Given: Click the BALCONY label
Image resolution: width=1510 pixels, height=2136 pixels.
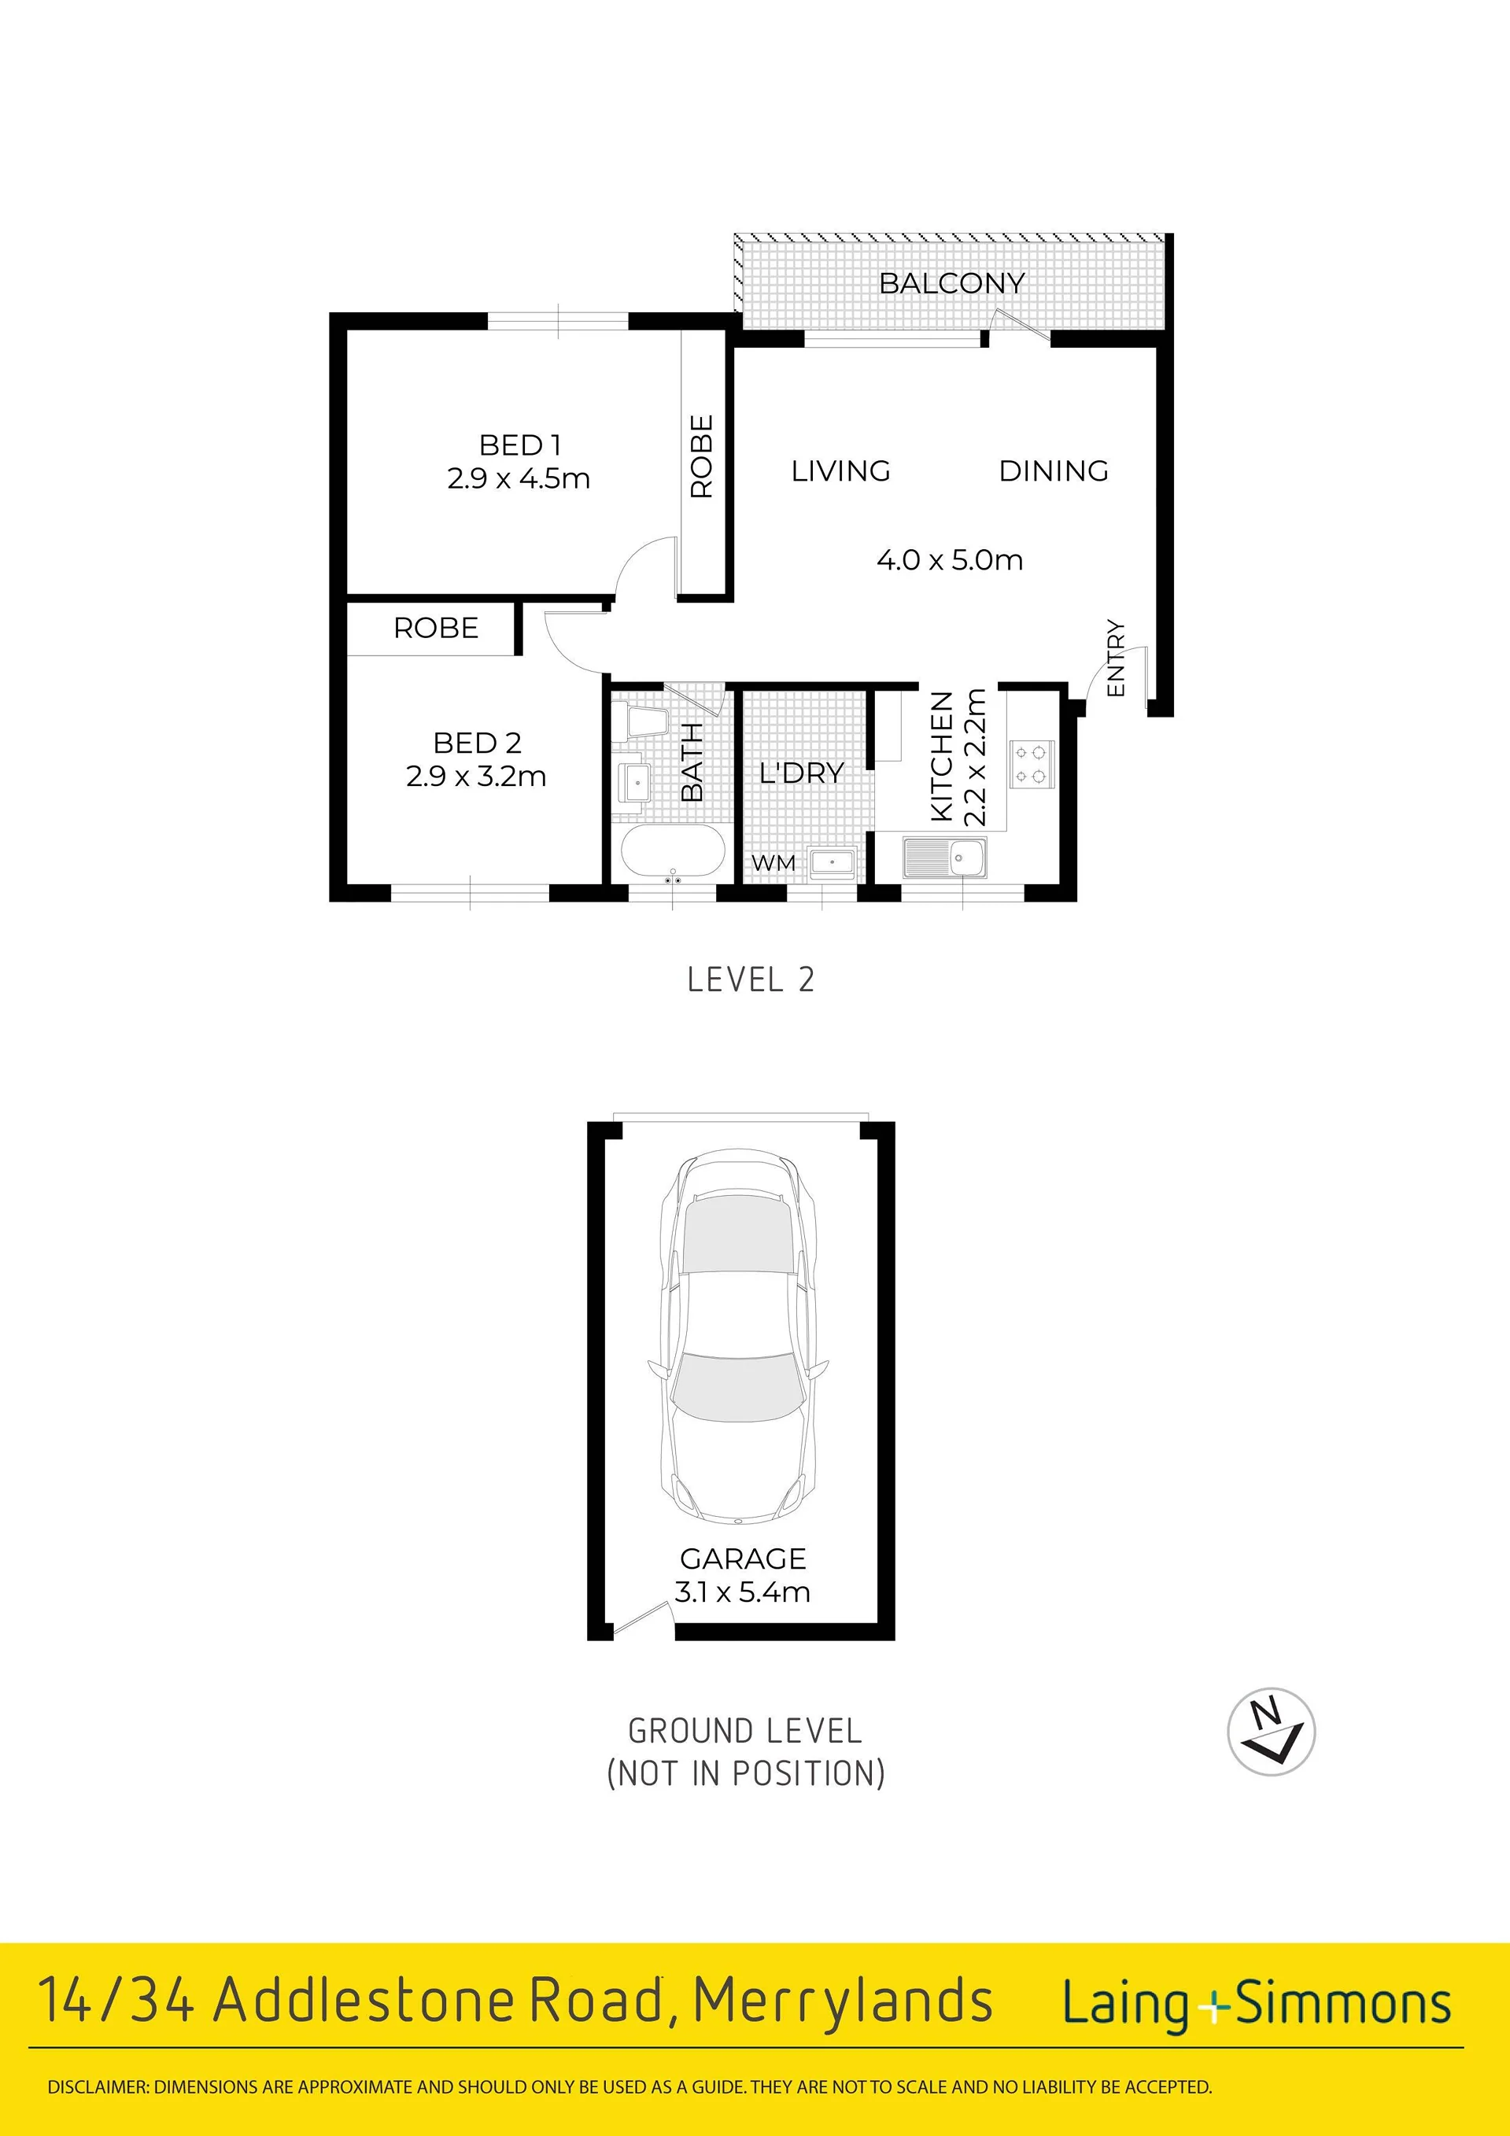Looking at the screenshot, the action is point(952,282).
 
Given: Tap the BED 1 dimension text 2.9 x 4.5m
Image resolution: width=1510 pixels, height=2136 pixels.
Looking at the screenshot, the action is point(519,478).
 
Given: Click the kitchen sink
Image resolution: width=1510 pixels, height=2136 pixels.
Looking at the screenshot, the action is point(944,858).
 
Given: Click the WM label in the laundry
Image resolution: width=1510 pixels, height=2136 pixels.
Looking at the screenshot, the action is point(773,862).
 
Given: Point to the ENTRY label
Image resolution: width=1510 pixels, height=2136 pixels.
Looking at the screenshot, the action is point(1116,658).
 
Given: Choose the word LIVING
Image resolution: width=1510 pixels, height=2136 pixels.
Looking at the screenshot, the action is point(840,470).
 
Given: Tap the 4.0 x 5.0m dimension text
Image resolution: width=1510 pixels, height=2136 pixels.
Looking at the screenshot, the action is point(950,560).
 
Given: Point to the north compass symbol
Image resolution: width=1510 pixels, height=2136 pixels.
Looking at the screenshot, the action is point(1271,1732).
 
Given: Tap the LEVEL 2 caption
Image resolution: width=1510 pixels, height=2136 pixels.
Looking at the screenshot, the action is point(751,979).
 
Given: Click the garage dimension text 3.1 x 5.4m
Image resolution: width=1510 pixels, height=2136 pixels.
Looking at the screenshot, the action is point(743,1592).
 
